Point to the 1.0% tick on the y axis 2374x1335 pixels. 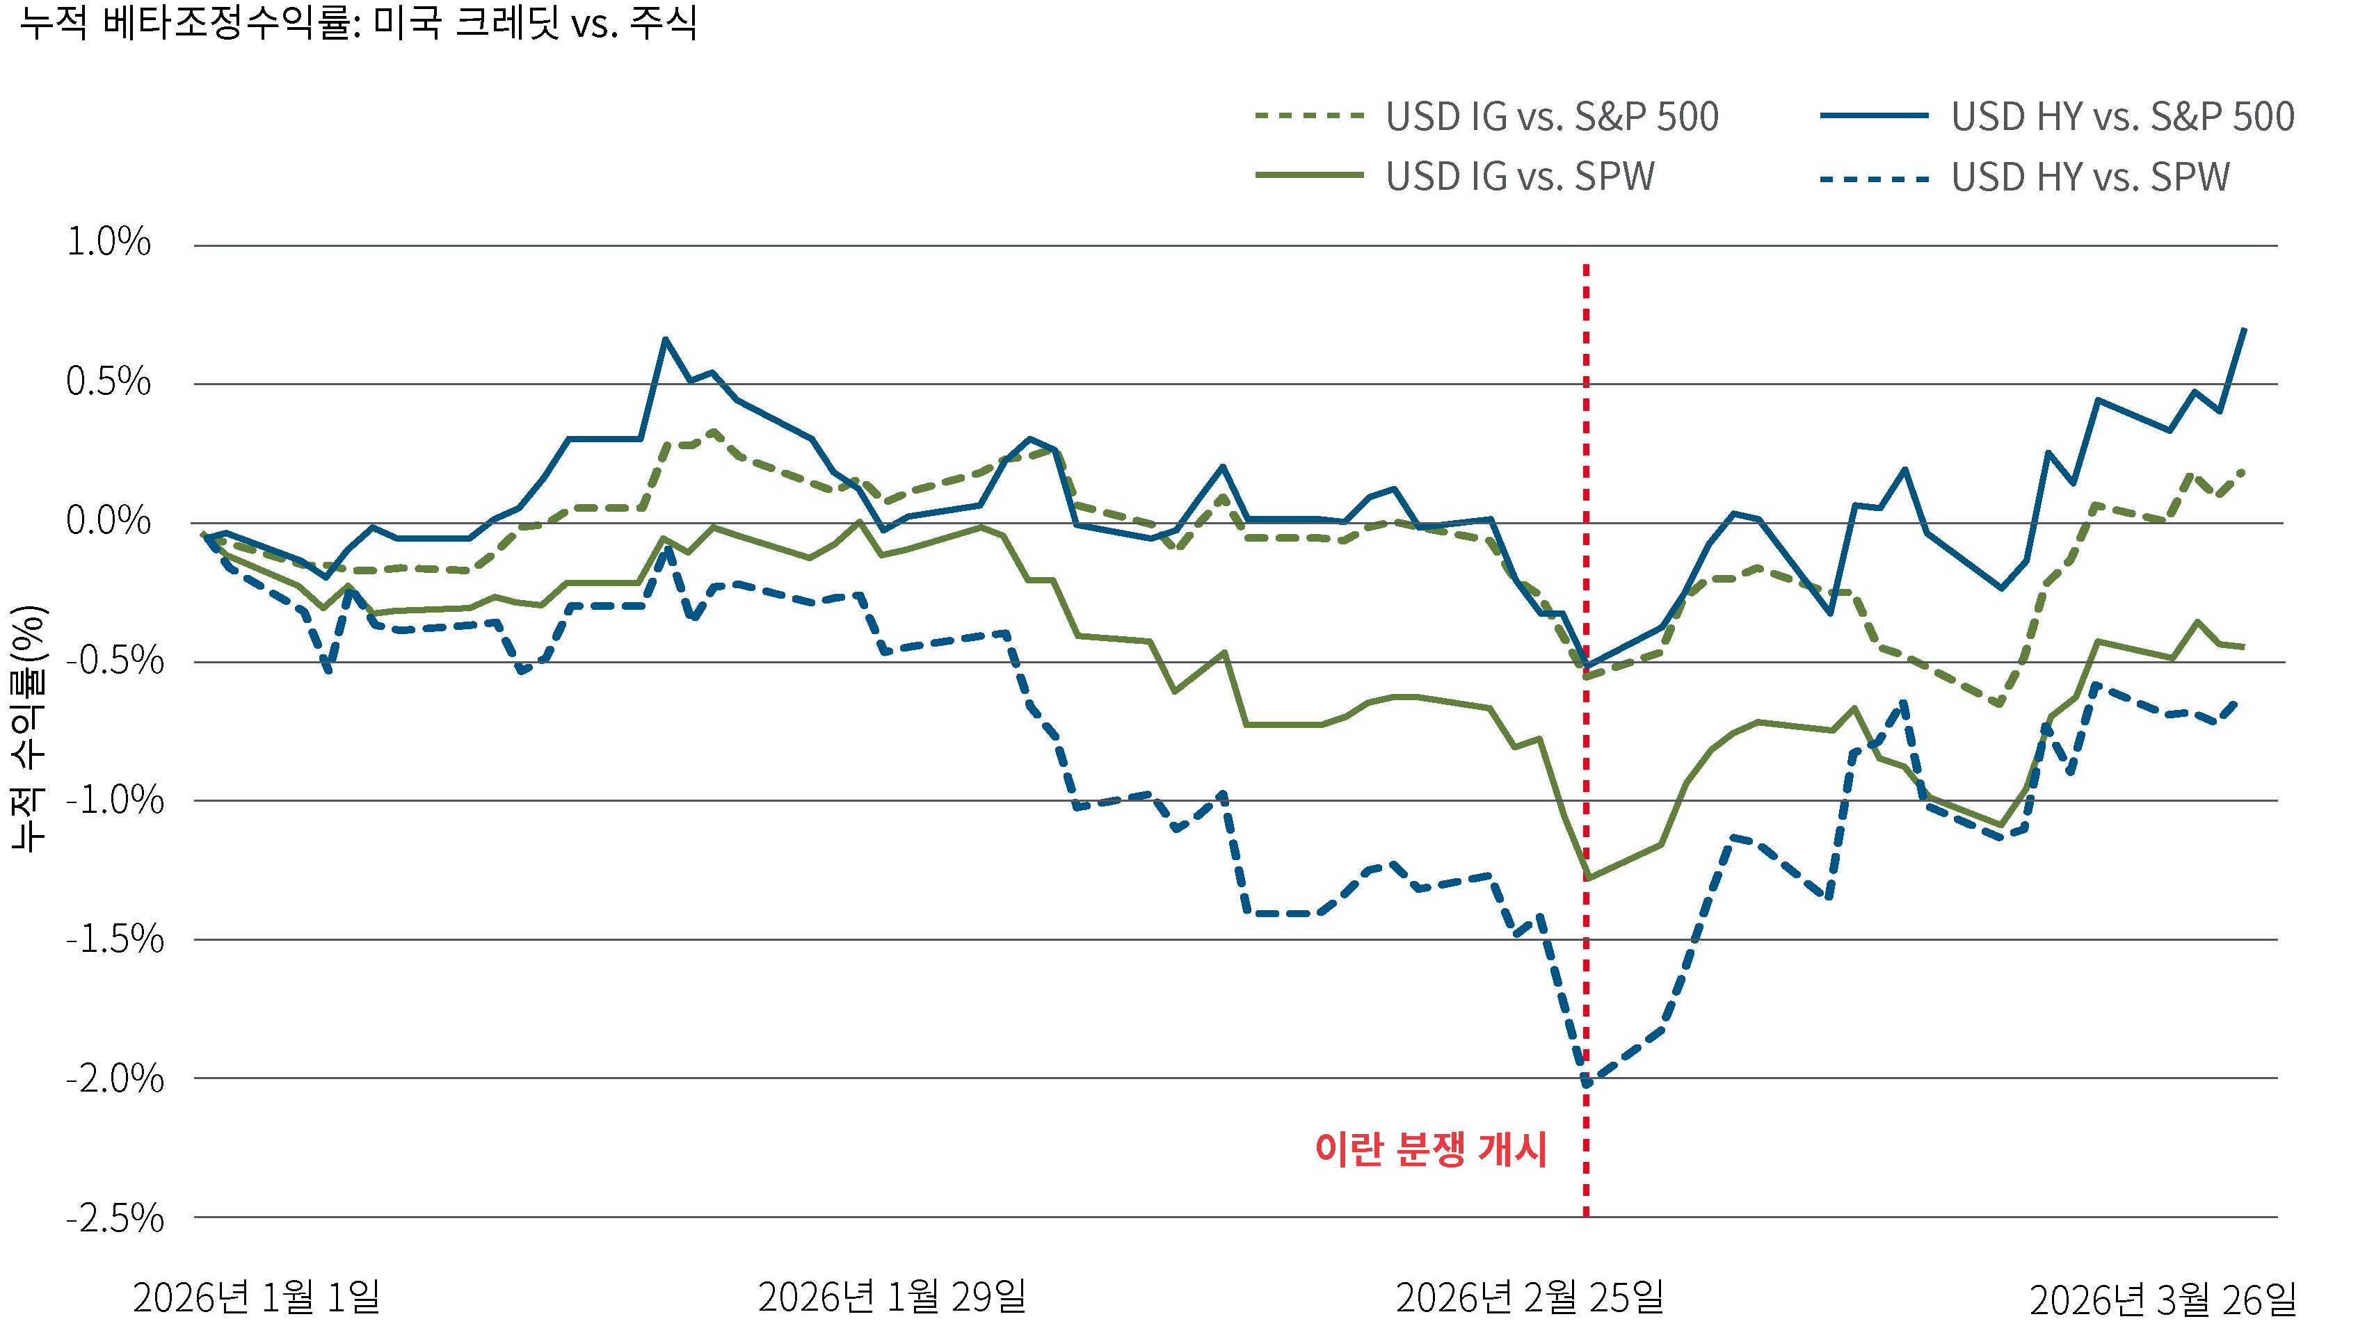pos(109,242)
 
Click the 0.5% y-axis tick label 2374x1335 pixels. pos(109,382)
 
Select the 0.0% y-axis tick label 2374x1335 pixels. pos(109,521)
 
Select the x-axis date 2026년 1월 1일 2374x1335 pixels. pos(256,1298)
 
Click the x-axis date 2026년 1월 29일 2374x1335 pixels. pos(891,1298)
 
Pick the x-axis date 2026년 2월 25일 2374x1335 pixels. pos(1529,1298)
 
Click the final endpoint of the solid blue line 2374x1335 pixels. pos(2244,329)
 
